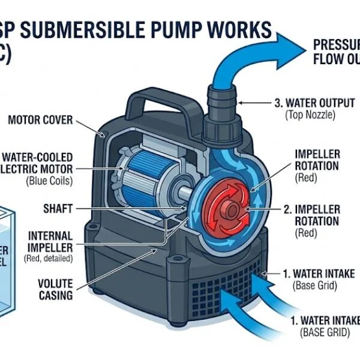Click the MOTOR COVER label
point(40,120)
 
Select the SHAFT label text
point(58,209)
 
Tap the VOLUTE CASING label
point(55,289)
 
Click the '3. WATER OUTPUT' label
point(314,103)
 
